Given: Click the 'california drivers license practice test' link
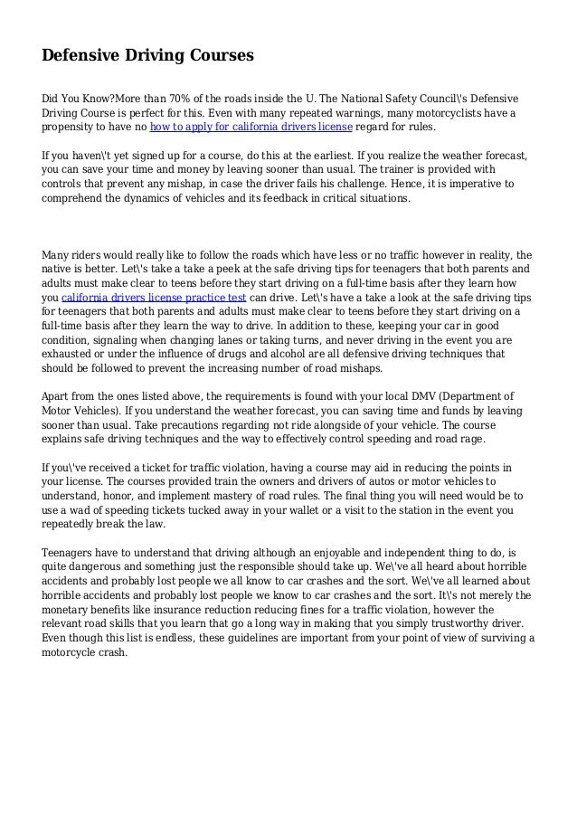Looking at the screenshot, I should (x=154, y=299).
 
